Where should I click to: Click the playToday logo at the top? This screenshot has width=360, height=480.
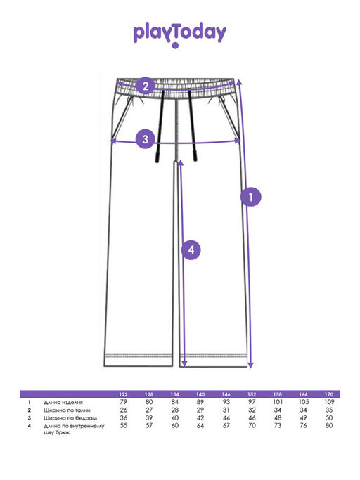coord(180,34)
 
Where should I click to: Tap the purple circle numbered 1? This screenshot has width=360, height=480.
coord(251,197)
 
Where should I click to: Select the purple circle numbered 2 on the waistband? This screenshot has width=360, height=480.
coord(146,86)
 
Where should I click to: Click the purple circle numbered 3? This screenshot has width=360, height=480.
coord(146,139)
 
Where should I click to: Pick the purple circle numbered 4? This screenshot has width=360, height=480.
coord(191,249)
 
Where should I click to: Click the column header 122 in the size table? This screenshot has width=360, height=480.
coord(123,394)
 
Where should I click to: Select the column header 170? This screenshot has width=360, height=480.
coord(329,394)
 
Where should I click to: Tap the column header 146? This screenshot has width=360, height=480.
coord(226,394)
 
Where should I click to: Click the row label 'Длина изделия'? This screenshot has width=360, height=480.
coord(63,402)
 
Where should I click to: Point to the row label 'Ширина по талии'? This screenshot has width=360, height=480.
coord(67,410)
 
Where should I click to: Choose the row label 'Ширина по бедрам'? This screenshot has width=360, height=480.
coord(70,418)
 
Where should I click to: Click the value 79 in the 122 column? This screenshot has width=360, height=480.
coord(123,402)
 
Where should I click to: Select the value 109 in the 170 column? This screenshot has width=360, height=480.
coord(329,402)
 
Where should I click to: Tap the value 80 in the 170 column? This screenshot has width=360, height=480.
coord(329,425)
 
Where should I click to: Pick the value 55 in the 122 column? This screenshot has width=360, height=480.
coord(123,425)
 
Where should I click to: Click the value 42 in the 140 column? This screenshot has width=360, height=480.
coord(200,417)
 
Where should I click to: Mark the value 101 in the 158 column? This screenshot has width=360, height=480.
coord(278,402)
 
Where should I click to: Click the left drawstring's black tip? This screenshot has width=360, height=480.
coord(157,157)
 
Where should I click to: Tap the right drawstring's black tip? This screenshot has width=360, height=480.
coord(195,155)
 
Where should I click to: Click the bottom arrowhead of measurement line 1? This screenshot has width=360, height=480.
coord(250,365)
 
